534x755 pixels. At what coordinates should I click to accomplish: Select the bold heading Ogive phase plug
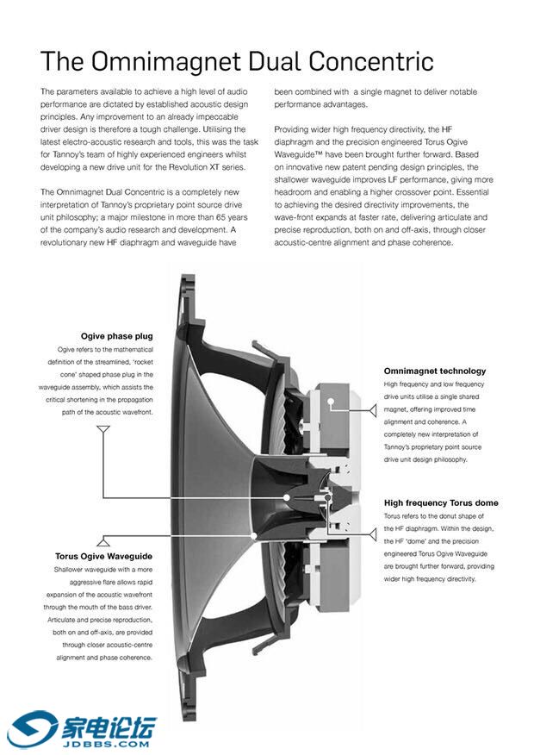116,336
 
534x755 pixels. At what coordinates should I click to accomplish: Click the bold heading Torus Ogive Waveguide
103,556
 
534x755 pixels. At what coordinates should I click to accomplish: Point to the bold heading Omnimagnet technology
434,371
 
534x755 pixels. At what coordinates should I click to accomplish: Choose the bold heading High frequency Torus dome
440,502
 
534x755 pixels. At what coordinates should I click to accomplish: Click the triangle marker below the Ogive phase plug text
103,427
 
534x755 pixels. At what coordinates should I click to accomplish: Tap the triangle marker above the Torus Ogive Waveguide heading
103,541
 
